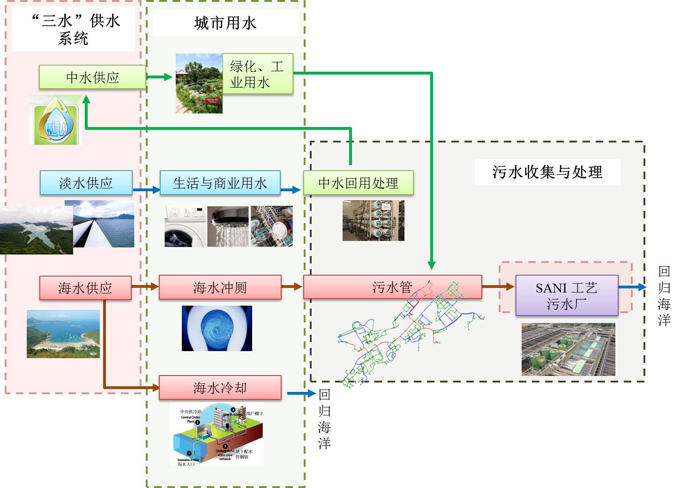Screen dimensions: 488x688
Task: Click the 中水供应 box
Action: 92,77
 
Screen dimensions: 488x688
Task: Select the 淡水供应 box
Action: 86,183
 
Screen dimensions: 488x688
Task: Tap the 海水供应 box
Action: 85,288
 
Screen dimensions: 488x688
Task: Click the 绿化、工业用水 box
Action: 257,74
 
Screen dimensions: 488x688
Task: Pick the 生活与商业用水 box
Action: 220,183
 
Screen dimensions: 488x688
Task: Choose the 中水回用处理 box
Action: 358,183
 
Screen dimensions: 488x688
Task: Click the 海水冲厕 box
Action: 220,287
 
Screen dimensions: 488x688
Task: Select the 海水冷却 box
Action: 220,388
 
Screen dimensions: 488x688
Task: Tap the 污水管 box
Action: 392,287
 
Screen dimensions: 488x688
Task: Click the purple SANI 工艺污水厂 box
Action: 567,295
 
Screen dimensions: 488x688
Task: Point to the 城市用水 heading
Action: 225,23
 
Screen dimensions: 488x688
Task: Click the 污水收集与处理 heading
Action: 547,172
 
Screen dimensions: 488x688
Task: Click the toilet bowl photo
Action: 217,328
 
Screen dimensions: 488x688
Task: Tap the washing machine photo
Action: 185,227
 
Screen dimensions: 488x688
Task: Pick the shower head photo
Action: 228,227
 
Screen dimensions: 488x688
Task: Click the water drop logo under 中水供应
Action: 56,121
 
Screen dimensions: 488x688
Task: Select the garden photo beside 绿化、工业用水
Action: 199,83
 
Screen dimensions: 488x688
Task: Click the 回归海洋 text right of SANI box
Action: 664,295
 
